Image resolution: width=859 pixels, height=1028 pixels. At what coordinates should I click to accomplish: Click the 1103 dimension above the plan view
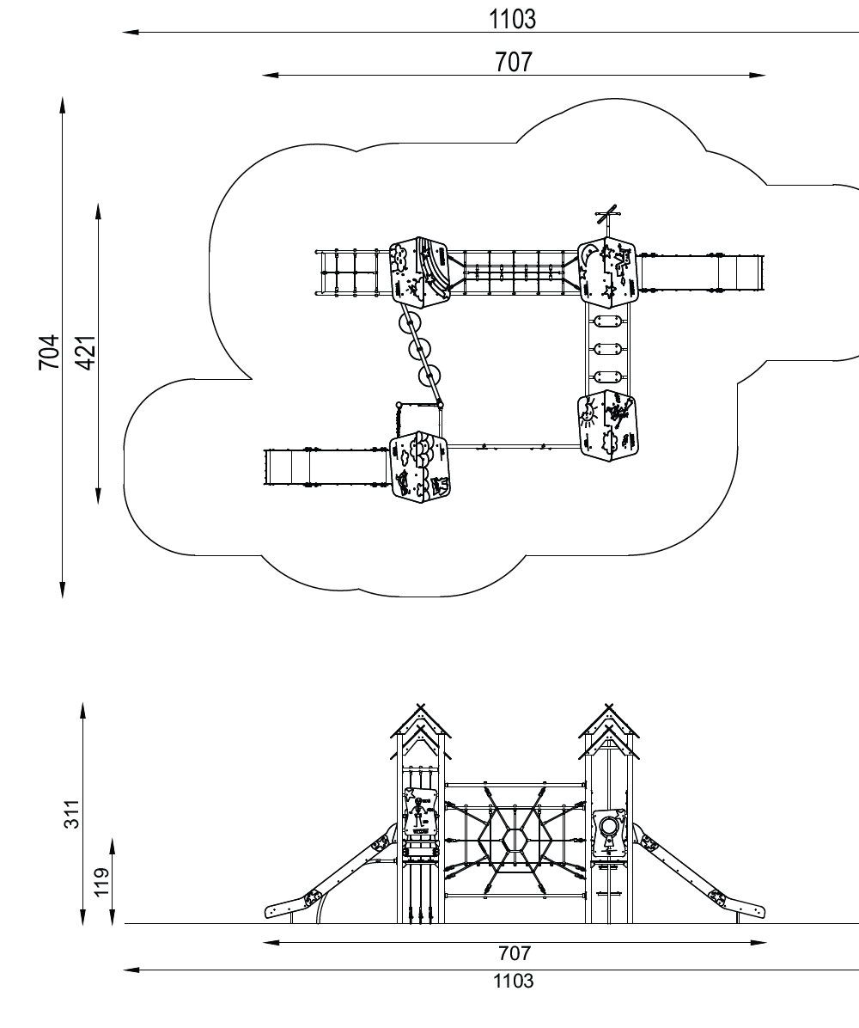point(513,19)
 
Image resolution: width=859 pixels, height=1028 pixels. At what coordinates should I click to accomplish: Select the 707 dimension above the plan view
point(513,62)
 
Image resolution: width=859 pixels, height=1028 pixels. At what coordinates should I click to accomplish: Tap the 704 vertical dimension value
point(50,352)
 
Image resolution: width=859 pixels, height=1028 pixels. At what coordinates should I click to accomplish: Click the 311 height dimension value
point(73,813)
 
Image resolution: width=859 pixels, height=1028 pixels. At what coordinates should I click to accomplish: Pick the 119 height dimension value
point(101,882)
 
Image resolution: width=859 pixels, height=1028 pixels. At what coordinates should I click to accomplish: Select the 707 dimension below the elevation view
point(515,953)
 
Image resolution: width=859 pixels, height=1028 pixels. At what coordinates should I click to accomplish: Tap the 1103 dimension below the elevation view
point(513,981)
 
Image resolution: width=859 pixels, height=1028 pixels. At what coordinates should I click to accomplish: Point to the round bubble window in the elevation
point(609,828)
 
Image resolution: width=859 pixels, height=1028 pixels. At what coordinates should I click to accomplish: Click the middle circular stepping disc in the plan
point(420,350)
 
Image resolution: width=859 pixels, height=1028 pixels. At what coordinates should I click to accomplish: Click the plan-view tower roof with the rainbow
point(421,271)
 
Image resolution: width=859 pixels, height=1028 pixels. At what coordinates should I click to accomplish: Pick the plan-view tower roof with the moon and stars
point(607,272)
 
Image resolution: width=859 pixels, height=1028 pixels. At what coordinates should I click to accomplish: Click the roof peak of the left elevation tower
point(420,710)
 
